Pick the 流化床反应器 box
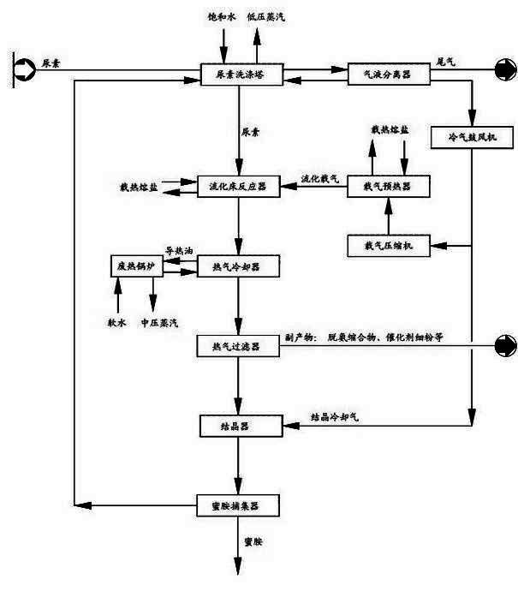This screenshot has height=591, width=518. tap(239, 185)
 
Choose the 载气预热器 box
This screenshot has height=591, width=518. tap(387, 185)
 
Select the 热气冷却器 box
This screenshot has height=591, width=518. tap(239, 267)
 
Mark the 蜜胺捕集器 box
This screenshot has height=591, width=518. tap(239, 505)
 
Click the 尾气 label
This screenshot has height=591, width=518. tap(446, 63)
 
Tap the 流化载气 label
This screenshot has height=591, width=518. tap(319, 178)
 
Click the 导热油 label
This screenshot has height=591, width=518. tap(179, 251)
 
